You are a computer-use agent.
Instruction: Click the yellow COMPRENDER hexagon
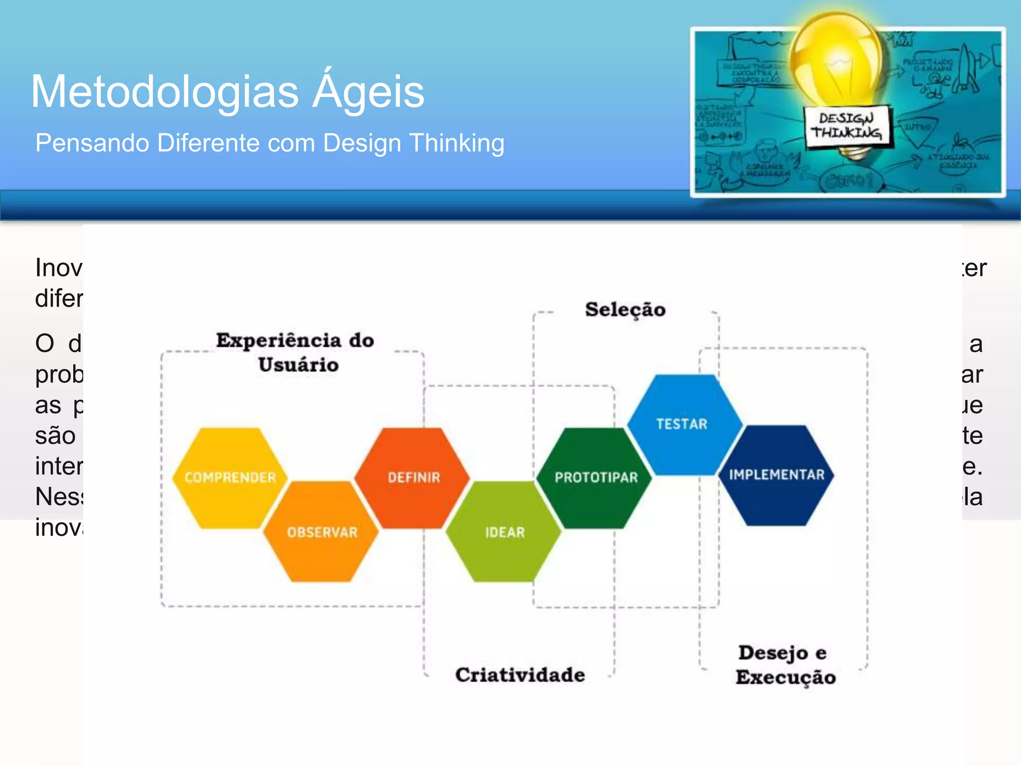click(x=230, y=478)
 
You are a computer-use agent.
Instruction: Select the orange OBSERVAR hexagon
click(x=322, y=532)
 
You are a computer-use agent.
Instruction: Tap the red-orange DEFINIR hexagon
click(x=413, y=478)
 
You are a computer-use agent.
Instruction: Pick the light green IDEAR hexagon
click(x=505, y=532)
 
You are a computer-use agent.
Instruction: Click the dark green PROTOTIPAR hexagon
click(x=596, y=478)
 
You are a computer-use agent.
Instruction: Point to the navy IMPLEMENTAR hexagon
click(x=776, y=475)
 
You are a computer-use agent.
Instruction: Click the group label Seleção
click(x=625, y=310)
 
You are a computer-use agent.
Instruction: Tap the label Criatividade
click(x=520, y=675)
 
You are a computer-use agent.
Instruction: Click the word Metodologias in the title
click(x=165, y=92)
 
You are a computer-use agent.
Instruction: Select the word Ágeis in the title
click(x=368, y=91)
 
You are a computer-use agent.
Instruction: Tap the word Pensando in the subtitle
click(x=92, y=143)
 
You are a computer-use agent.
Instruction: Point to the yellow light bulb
click(x=838, y=55)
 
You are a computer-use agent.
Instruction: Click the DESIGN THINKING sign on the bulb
click(x=847, y=126)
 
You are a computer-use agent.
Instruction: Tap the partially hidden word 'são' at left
click(x=55, y=436)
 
